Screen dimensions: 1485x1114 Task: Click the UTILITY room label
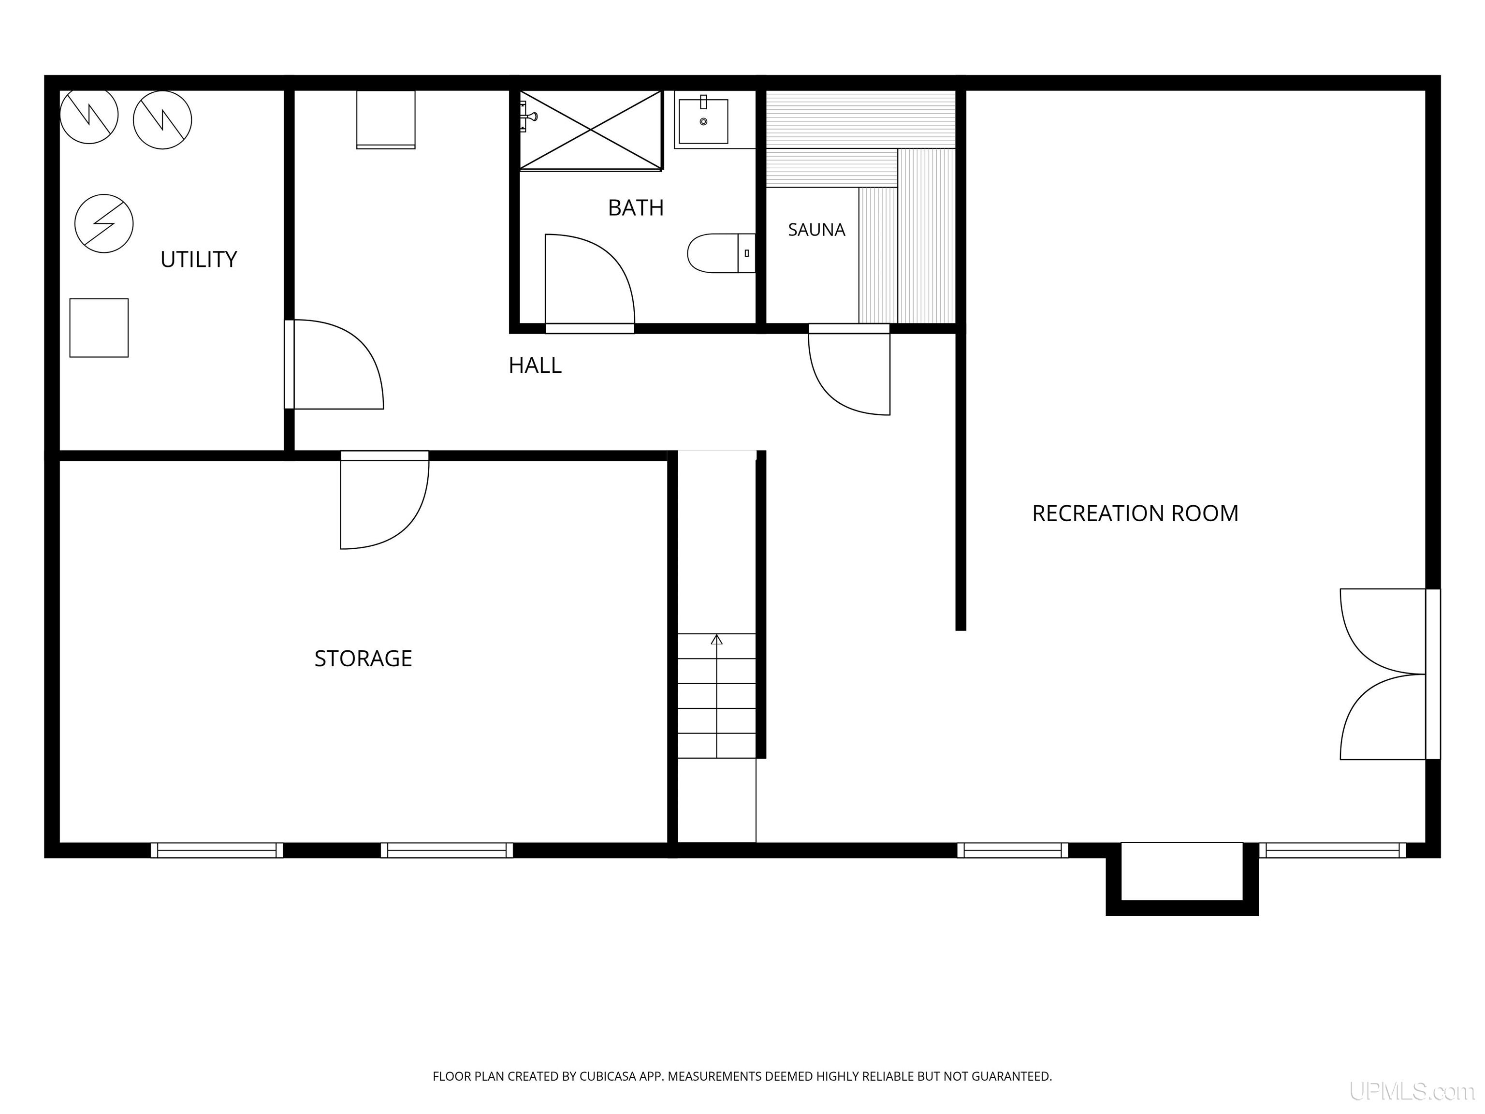[199, 259]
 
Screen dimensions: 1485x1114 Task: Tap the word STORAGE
[363, 658]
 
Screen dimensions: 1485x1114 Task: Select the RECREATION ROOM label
[1135, 513]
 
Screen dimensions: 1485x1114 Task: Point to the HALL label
[535, 366]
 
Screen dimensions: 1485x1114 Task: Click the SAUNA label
[816, 230]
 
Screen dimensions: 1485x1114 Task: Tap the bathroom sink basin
[703, 121]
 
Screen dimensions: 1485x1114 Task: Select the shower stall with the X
[591, 130]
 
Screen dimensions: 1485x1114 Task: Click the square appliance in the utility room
[99, 328]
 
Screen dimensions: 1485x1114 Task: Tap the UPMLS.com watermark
[1412, 1091]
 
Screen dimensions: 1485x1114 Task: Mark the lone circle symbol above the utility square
[104, 223]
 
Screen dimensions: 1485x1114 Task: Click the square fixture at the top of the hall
[385, 119]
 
